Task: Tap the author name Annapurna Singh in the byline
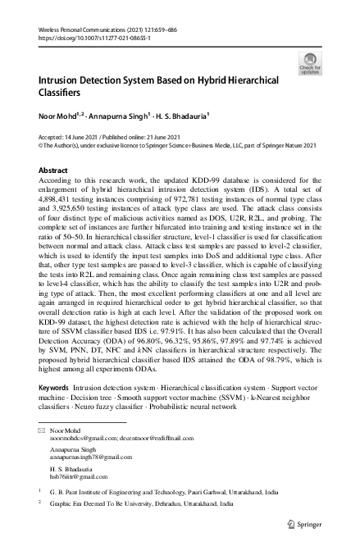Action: [x=127, y=118]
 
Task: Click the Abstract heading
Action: [x=53, y=170]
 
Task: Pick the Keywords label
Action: [x=55, y=387]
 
